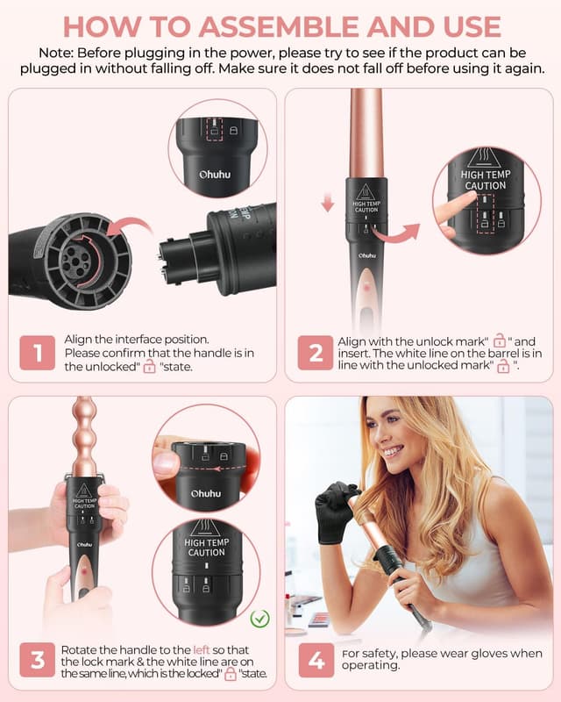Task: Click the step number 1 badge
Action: point(37,353)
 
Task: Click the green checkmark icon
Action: point(259,619)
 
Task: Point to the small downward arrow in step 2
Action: point(327,204)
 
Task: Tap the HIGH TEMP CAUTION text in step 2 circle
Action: point(483,180)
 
